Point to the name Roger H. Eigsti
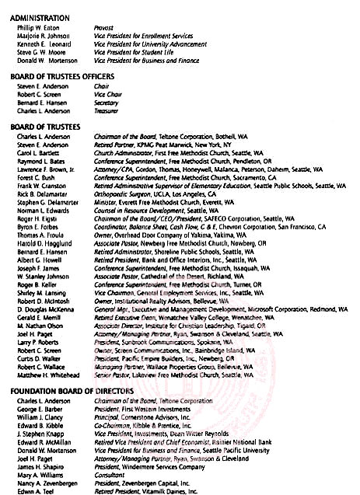pos(37,219)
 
